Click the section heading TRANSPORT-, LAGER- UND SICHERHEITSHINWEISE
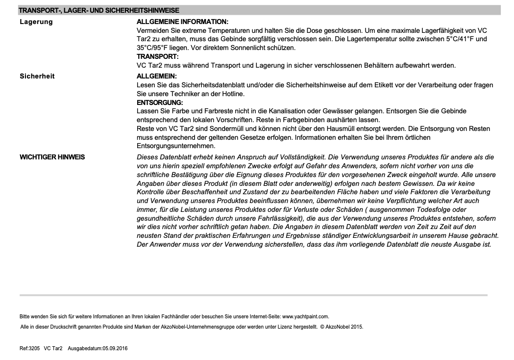(98, 10)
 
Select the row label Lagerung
(36, 22)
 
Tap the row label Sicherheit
(37, 76)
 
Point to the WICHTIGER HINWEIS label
(52, 157)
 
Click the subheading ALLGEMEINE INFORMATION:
(182, 22)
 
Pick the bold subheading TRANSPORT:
(157, 56)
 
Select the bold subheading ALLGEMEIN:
(156, 76)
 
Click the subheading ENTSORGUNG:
(160, 103)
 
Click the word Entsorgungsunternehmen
(176, 146)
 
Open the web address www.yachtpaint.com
(305, 316)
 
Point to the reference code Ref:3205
(30, 348)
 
